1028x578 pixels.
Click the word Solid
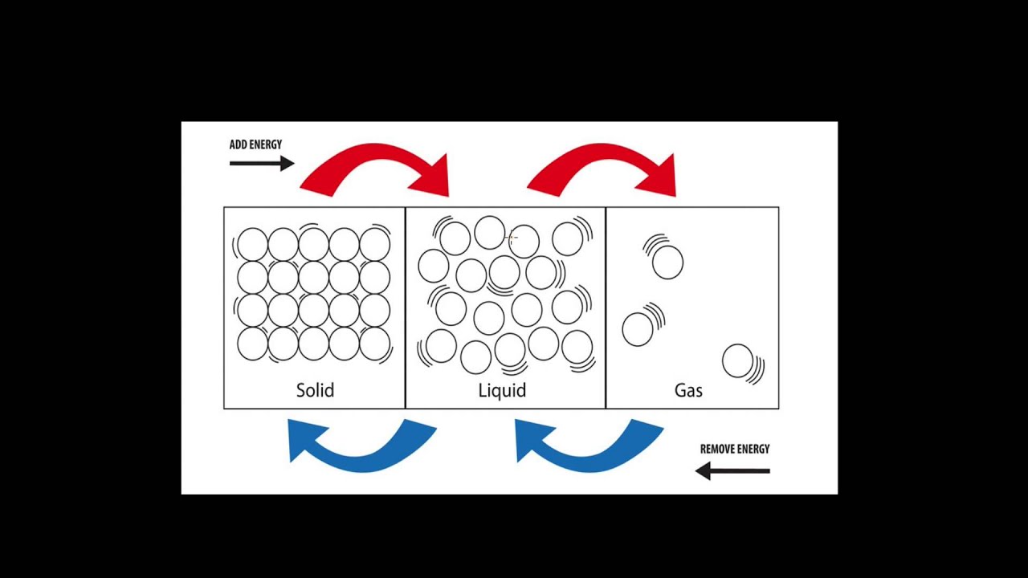point(315,390)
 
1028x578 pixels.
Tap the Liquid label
point(502,390)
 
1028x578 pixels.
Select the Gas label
point(688,390)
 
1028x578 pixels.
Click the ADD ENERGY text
point(255,144)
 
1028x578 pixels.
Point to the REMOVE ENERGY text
point(734,449)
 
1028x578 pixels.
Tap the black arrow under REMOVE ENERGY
point(732,471)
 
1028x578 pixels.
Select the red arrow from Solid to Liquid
point(377,167)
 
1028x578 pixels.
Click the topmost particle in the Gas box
point(667,263)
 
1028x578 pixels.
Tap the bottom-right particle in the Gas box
point(737,360)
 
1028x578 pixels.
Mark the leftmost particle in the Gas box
point(638,329)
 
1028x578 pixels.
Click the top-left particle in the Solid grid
point(252,244)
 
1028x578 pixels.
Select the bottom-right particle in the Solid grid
point(374,344)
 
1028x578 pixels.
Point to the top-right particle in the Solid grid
point(374,244)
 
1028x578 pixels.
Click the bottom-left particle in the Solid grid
point(252,344)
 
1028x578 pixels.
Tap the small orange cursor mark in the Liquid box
point(512,237)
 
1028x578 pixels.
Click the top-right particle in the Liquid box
point(567,239)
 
